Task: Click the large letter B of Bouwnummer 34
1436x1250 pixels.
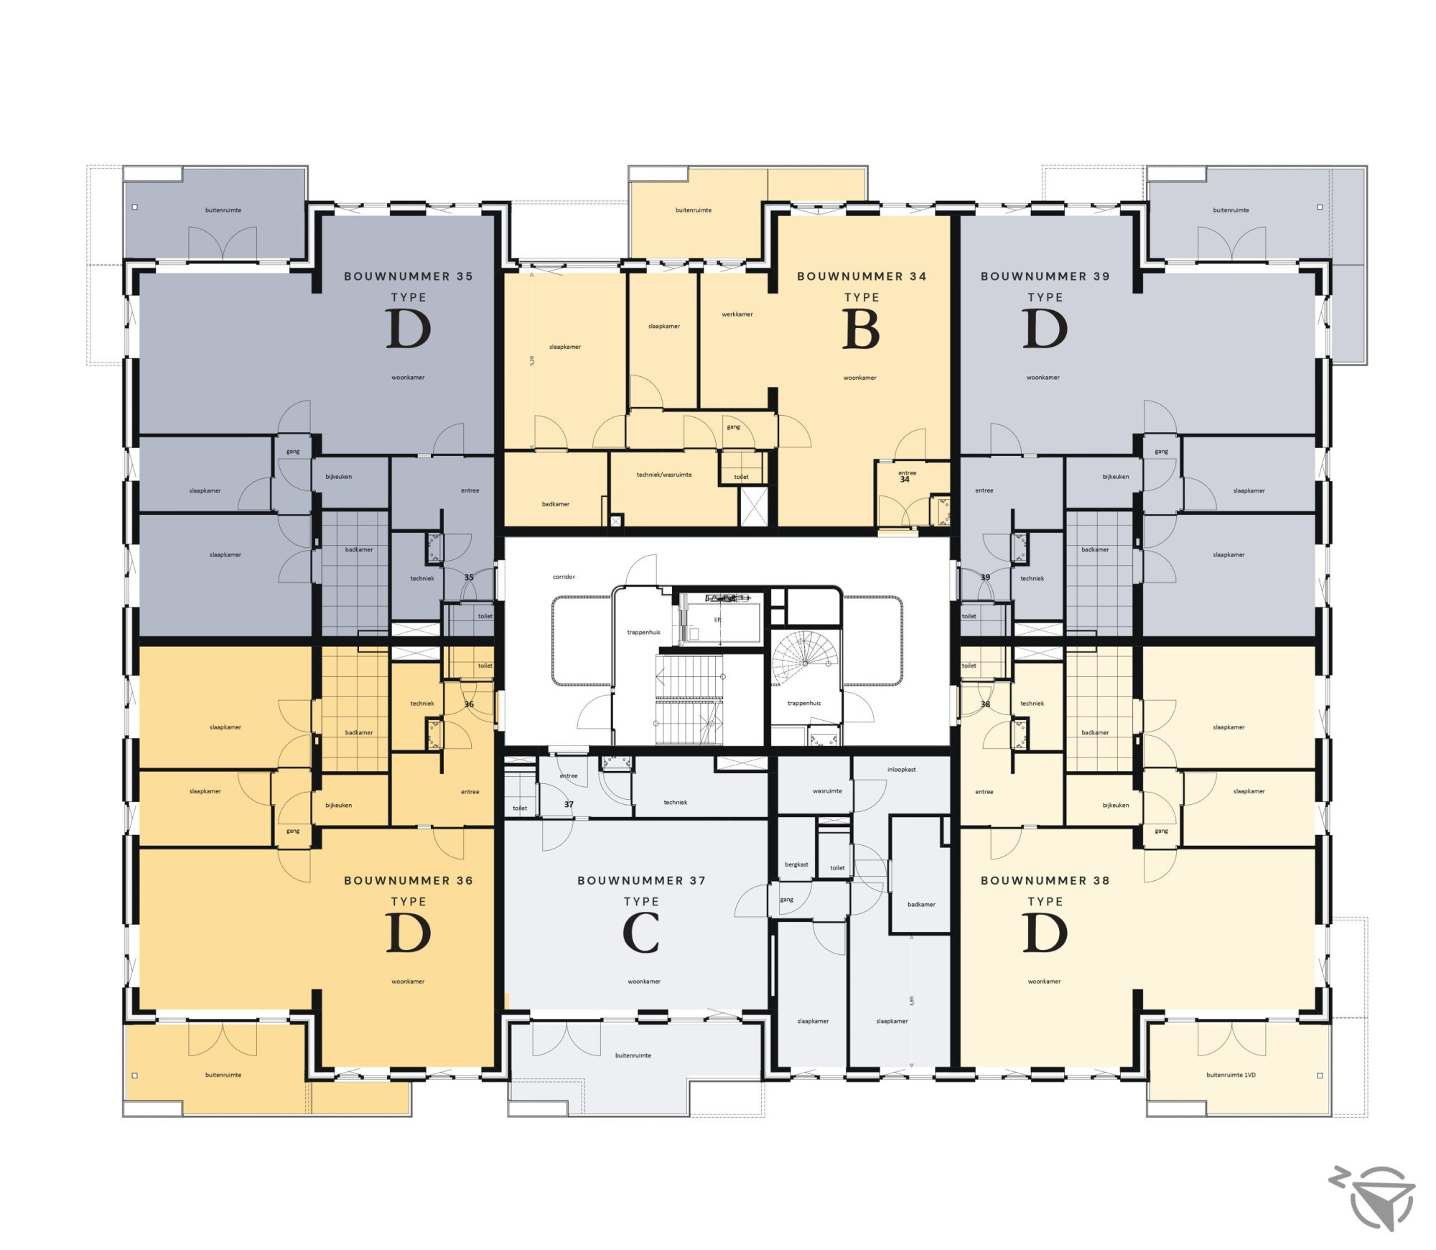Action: pyautogui.click(x=861, y=329)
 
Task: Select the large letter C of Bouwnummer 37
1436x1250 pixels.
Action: pyautogui.click(x=641, y=933)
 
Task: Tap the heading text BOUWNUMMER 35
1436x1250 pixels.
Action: pyautogui.click(x=409, y=276)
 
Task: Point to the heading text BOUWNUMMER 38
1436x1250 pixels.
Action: pyautogui.click(x=1045, y=880)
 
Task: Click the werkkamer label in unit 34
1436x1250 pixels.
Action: pyautogui.click(x=737, y=314)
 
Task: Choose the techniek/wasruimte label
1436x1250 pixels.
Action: pyautogui.click(x=664, y=475)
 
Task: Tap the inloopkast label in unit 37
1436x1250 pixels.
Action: pyautogui.click(x=902, y=770)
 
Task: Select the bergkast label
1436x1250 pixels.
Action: pyautogui.click(x=796, y=864)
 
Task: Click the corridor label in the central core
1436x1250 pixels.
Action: pyautogui.click(x=564, y=577)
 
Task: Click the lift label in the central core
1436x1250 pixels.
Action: pyautogui.click(x=717, y=620)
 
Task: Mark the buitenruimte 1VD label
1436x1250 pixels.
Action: pyautogui.click(x=1231, y=1075)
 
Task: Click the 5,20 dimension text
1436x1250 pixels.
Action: pyautogui.click(x=532, y=361)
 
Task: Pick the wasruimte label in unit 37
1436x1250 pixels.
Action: pyautogui.click(x=827, y=791)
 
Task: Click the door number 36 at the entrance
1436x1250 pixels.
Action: pyautogui.click(x=469, y=704)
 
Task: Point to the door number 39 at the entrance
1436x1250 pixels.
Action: pyautogui.click(x=985, y=577)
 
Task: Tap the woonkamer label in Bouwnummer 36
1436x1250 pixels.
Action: pyautogui.click(x=408, y=981)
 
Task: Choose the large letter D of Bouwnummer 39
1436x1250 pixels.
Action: pyautogui.click(x=1045, y=329)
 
